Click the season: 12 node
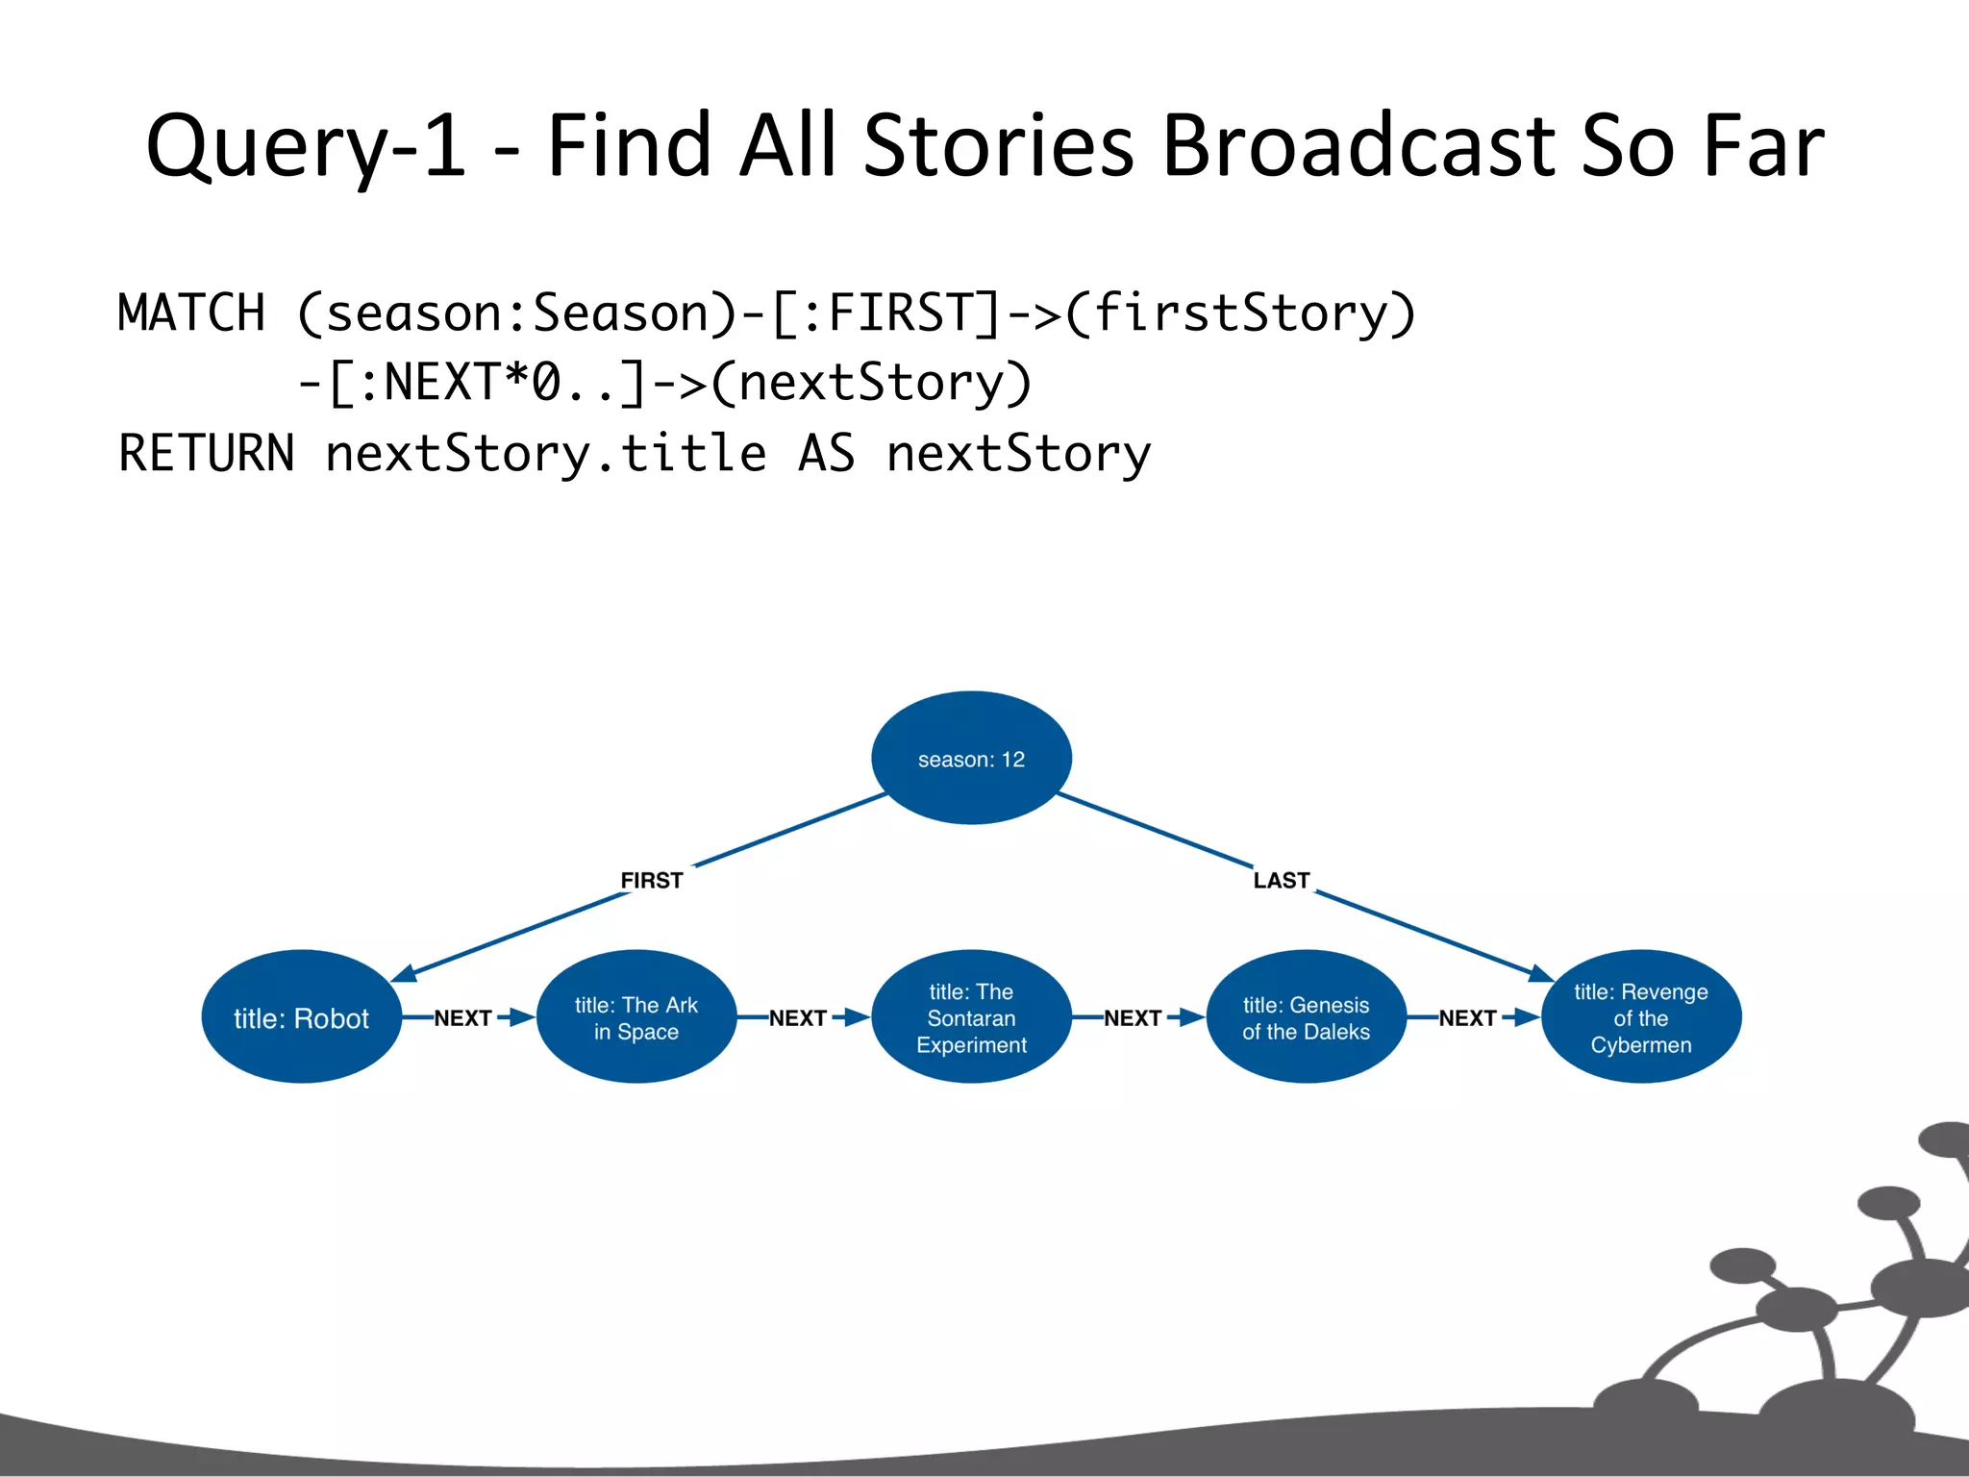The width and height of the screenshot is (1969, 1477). point(971,758)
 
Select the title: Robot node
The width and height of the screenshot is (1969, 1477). point(301,1017)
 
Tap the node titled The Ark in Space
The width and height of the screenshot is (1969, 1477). point(636,1017)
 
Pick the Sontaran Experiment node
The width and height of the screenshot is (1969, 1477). point(971,1017)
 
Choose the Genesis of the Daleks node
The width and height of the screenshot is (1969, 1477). point(1306,1017)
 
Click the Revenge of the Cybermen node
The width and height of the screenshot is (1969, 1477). point(1640,1017)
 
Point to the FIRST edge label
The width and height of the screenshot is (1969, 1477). point(651,880)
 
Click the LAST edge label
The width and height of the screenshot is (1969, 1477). point(1281,880)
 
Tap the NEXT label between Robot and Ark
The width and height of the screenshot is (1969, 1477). point(462,1017)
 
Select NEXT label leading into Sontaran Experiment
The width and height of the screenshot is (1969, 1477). point(797,1017)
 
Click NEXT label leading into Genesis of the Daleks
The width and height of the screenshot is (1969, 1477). point(1132,1017)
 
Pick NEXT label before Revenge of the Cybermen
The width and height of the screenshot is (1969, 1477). point(1466,1017)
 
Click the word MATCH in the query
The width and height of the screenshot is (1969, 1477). point(191,313)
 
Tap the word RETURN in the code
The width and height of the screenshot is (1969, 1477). point(206,453)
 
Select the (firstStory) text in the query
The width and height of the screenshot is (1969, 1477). point(1240,313)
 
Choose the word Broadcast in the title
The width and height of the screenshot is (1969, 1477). point(1358,146)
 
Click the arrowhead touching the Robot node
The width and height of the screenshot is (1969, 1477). point(405,973)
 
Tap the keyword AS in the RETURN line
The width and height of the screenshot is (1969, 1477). point(826,453)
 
